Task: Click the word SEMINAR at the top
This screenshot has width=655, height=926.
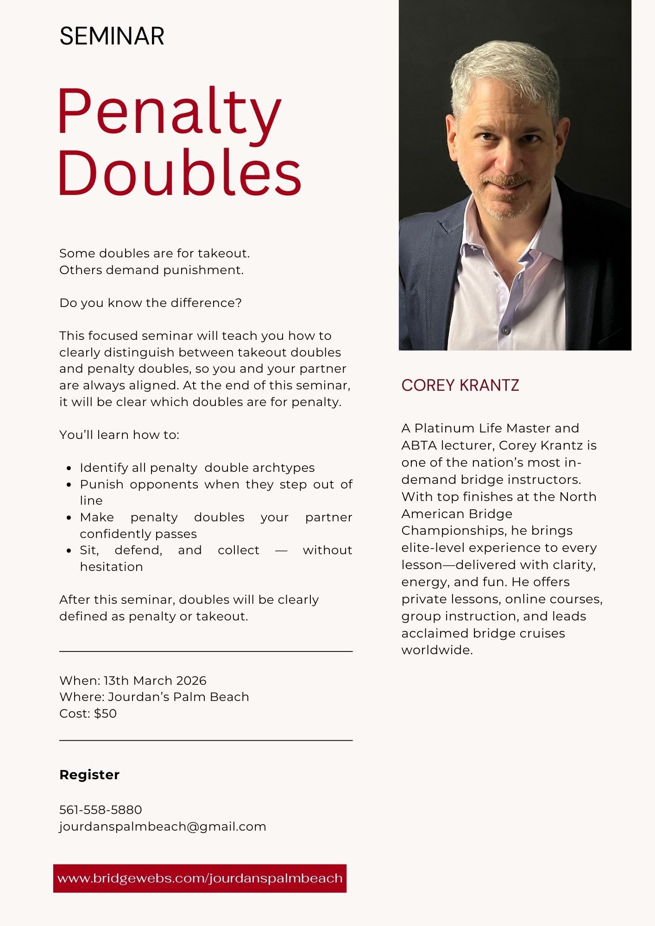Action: coord(112,36)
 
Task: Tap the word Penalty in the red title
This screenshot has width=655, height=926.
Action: coord(169,113)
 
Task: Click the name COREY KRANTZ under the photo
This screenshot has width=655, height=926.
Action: coord(460,385)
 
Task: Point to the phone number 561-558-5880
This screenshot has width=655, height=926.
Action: coord(101,810)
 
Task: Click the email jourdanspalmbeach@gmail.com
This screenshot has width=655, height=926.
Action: coord(163,826)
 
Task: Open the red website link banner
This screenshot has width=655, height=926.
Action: coord(200,878)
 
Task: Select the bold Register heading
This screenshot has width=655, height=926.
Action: coord(89,775)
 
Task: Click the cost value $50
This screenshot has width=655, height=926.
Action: coord(105,713)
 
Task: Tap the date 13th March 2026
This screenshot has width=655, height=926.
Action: coord(155,681)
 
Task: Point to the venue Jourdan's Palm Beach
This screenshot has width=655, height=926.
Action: coord(178,697)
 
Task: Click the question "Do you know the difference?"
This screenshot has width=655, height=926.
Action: coord(151,303)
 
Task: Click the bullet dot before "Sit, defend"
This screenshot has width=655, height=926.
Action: coord(69,551)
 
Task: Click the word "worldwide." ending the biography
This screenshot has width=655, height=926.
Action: coord(437,650)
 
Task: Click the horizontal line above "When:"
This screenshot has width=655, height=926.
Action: coord(206,651)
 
